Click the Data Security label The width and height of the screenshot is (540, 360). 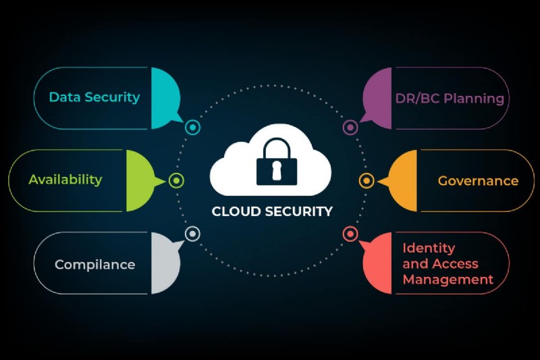94,97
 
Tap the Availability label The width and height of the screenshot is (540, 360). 65,180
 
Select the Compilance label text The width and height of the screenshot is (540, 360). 94,265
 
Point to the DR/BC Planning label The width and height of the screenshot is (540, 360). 450,99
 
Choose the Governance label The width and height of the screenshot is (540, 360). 478,181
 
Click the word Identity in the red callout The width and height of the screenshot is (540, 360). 429,248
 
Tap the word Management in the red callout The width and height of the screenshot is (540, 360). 448,279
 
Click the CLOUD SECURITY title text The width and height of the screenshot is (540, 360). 272,211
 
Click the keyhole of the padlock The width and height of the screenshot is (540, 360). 275,172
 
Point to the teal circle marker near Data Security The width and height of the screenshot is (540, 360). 192,127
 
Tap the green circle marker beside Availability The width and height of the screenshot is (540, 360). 176,180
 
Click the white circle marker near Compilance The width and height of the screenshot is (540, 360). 192,234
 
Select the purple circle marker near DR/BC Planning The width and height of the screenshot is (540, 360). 350,127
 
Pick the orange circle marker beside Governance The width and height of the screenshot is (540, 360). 367,180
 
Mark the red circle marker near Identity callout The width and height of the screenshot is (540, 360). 350,234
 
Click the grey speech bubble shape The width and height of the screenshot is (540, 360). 165,263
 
